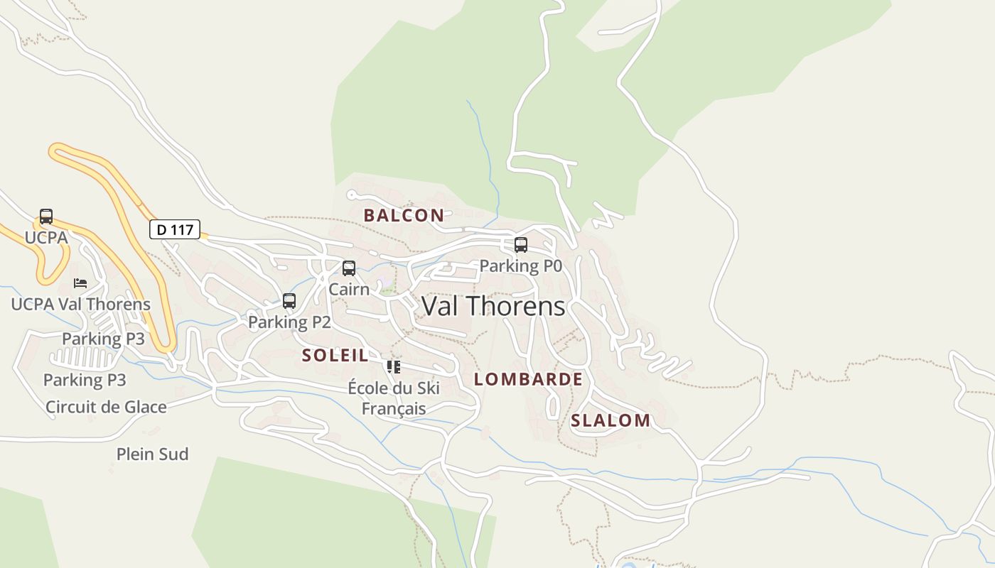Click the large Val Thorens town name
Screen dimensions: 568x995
coord(493,306)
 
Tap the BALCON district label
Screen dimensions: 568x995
coord(404,215)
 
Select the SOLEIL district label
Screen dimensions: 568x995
coord(335,356)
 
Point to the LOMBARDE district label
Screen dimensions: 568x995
coord(528,379)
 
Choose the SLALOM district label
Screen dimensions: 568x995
coord(611,420)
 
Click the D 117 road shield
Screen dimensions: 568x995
coord(174,229)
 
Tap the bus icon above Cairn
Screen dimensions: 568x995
coord(348,268)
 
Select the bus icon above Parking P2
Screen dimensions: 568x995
coord(289,301)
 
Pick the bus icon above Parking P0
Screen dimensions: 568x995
coord(520,245)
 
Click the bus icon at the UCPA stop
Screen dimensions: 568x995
coord(46,217)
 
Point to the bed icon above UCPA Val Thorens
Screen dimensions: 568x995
coord(80,283)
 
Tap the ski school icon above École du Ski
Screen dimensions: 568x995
coord(393,367)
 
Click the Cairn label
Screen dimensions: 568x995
coord(349,289)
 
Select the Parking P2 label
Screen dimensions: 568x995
coord(289,322)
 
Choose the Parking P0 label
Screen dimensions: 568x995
coord(520,266)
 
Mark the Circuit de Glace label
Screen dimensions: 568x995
coord(106,407)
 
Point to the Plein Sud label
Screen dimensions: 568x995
coord(152,454)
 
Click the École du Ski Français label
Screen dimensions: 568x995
coord(394,398)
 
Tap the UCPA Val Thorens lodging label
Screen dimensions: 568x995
coord(80,305)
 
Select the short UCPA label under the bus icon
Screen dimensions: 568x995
coord(46,237)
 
